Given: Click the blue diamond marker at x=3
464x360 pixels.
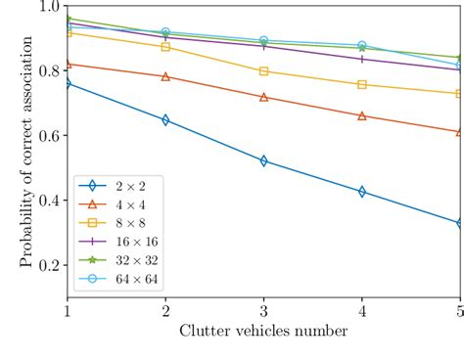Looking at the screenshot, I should (x=263, y=160).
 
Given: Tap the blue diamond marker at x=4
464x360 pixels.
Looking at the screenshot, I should (x=362, y=192).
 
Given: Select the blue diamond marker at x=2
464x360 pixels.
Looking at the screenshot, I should (x=165, y=120).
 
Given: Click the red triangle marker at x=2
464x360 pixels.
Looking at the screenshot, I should (x=165, y=76).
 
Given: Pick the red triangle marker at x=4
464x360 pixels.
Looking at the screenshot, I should (x=362, y=115).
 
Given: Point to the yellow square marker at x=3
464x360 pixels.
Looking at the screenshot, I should (x=263, y=71).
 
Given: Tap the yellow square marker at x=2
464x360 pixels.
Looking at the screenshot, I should (x=165, y=47).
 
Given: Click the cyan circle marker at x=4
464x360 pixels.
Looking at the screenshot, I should (x=362, y=46).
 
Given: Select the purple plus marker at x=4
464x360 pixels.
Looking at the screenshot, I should (x=362, y=59).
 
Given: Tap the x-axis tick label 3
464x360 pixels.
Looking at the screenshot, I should (x=263, y=312).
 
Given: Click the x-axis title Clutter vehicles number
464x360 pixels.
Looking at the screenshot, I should (x=263, y=332).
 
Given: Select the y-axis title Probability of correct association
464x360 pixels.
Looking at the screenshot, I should (x=26, y=152).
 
